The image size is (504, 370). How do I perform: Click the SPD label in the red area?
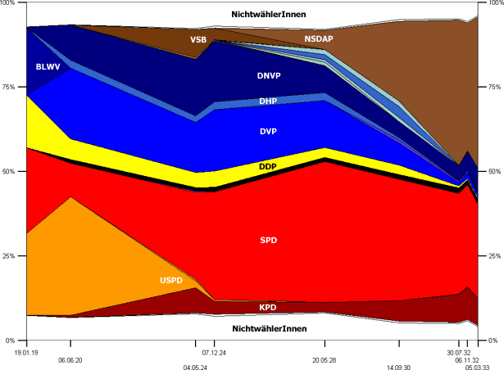[268, 241]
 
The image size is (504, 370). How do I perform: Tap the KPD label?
[268, 308]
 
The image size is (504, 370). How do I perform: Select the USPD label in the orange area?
[172, 281]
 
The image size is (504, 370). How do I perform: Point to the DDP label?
[268, 167]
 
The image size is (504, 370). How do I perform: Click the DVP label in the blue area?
[268, 131]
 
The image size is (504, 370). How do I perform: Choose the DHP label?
[268, 102]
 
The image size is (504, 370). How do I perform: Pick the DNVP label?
[270, 75]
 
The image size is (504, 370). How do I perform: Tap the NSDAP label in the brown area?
[319, 38]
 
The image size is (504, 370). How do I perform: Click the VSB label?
[199, 39]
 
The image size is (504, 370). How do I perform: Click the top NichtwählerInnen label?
[269, 14]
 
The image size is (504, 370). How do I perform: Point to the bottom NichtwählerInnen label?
[269, 328]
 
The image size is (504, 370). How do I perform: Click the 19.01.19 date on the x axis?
[26, 352]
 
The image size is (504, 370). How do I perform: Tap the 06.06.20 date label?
[70, 360]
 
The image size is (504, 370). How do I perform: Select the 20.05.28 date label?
[325, 360]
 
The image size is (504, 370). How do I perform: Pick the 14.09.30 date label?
[399, 368]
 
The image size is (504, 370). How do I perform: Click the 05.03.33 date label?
[479, 368]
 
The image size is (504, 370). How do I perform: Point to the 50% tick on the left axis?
[10, 172]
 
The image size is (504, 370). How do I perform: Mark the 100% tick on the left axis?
[9, 4]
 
